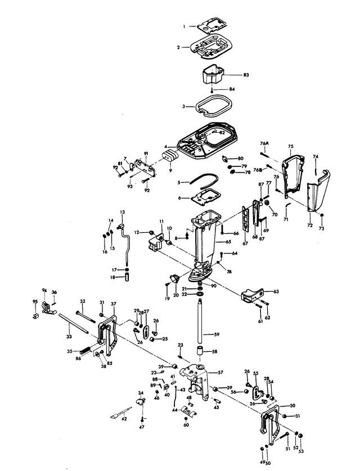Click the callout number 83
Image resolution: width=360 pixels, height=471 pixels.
(x=246, y=75)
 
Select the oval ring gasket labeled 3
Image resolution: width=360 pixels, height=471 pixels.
(x=211, y=105)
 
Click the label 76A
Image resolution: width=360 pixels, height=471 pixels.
(x=265, y=144)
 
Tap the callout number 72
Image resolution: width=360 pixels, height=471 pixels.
(x=309, y=225)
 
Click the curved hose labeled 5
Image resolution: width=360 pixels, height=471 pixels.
(x=202, y=179)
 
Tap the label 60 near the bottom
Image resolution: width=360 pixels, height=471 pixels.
(x=187, y=425)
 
